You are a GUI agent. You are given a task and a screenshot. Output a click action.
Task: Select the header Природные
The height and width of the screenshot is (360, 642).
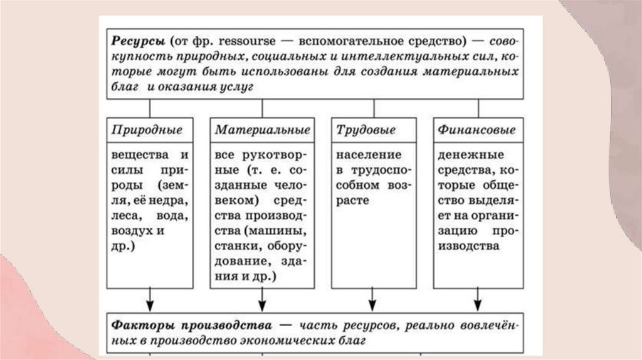coord(147,131)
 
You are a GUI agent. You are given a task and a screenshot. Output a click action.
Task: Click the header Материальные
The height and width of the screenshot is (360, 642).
coord(262,131)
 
